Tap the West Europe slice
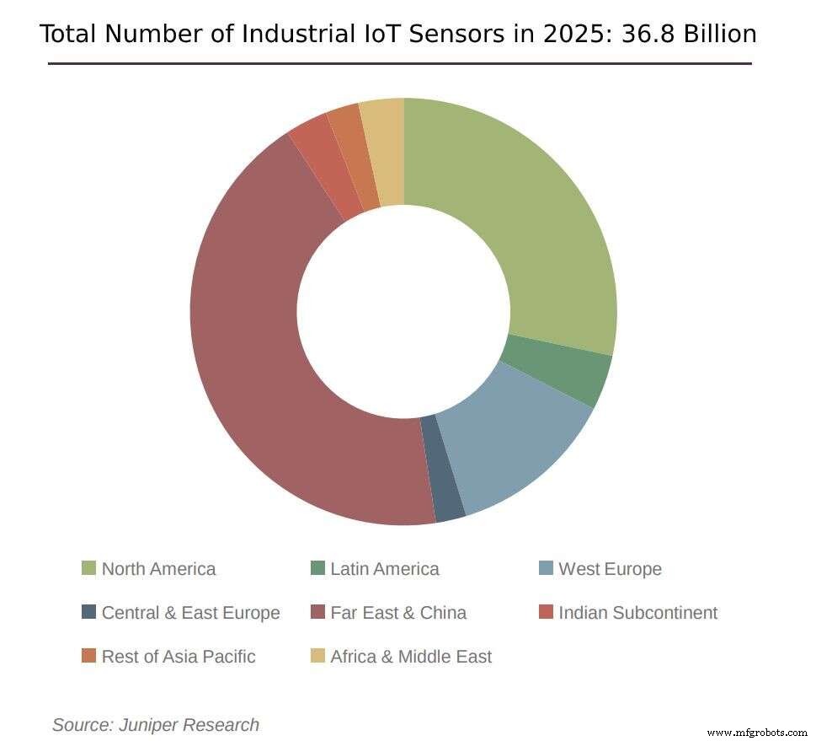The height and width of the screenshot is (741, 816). pyautogui.click(x=514, y=447)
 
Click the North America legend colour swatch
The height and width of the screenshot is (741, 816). pyautogui.click(x=88, y=568)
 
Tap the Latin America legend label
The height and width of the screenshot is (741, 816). pyautogui.click(x=384, y=569)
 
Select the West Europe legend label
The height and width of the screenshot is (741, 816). pyautogui.click(x=610, y=569)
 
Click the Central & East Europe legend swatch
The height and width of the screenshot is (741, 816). pyautogui.click(x=88, y=612)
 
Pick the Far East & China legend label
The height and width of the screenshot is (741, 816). pyautogui.click(x=397, y=613)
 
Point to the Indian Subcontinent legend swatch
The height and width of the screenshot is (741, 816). pyautogui.click(x=546, y=612)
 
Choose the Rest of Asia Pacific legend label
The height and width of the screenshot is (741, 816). pyautogui.click(x=178, y=656)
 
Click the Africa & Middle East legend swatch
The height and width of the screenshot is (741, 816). pyautogui.click(x=317, y=656)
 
